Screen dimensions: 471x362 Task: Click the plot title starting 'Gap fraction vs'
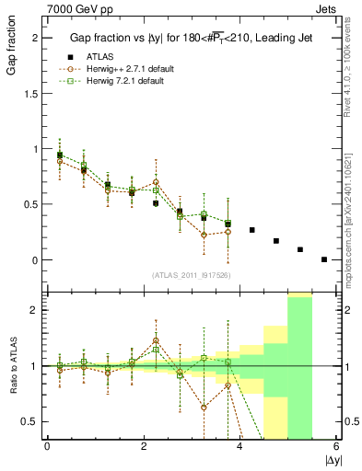(191, 38)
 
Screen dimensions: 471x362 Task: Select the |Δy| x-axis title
(327, 458)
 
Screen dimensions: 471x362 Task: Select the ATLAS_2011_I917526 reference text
(190, 275)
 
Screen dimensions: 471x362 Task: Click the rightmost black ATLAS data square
(324, 259)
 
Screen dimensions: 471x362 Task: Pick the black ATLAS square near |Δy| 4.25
(252, 230)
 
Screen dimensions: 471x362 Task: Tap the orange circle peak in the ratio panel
(156, 340)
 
